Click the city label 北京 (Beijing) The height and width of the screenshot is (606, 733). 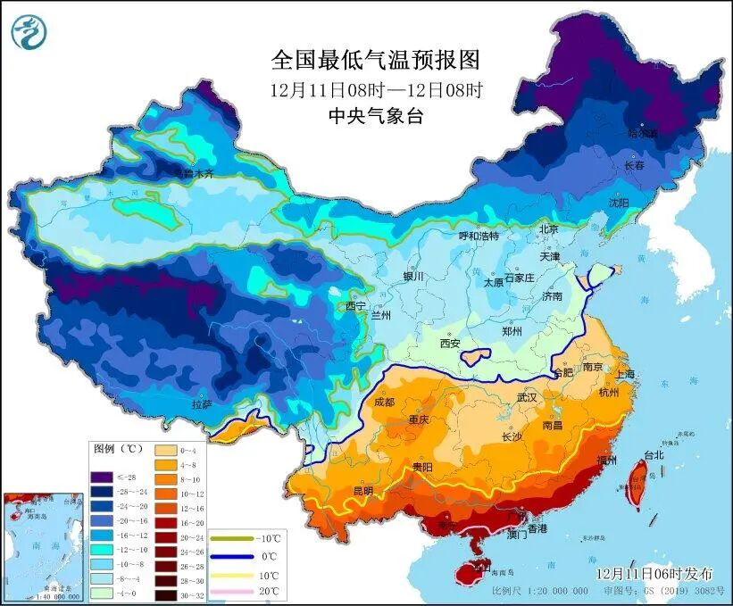tap(547, 228)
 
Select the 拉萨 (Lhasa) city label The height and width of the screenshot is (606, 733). tap(202, 404)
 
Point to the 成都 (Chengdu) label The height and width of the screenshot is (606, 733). tap(384, 402)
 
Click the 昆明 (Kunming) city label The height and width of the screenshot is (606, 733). tap(362, 491)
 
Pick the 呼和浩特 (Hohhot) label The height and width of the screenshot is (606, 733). tap(478, 237)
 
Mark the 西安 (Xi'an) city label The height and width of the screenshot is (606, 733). tap(449, 343)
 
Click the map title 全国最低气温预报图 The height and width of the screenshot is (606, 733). tap(375, 60)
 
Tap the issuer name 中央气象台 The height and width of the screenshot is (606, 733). tap(375, 115)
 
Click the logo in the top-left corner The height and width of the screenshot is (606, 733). tap(29, 33)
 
